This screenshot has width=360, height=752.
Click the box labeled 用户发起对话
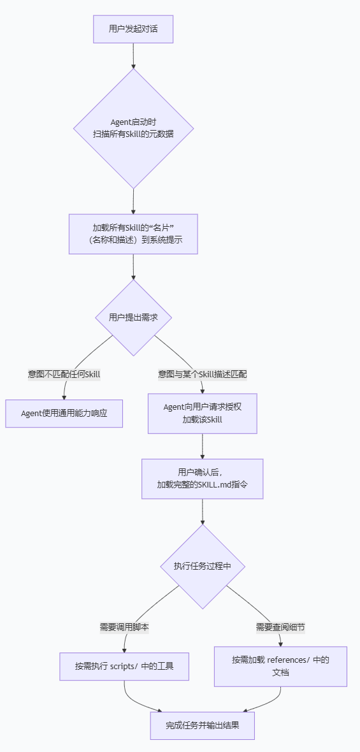133,29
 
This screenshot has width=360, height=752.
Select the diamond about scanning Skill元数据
133,128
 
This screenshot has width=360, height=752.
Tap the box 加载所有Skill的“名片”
133,234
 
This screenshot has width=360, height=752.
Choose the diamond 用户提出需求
133,317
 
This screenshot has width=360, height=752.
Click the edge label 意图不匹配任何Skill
64,374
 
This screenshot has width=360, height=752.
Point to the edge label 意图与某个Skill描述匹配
202,374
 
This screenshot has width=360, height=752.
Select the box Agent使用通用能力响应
64,413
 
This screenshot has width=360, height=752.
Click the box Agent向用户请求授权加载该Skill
202,414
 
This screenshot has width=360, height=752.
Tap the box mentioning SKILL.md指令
202,478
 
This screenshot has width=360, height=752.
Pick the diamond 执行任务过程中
202,566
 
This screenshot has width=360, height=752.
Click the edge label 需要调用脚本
124,627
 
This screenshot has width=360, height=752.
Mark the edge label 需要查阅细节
280,627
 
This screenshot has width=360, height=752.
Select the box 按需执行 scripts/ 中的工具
124,667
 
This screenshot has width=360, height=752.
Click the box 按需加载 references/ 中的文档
280,666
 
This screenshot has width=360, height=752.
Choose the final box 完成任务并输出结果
202,725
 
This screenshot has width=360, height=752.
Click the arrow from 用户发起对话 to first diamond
133,56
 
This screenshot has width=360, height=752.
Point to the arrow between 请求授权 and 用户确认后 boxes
202,446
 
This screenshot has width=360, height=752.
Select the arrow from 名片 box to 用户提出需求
133,266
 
